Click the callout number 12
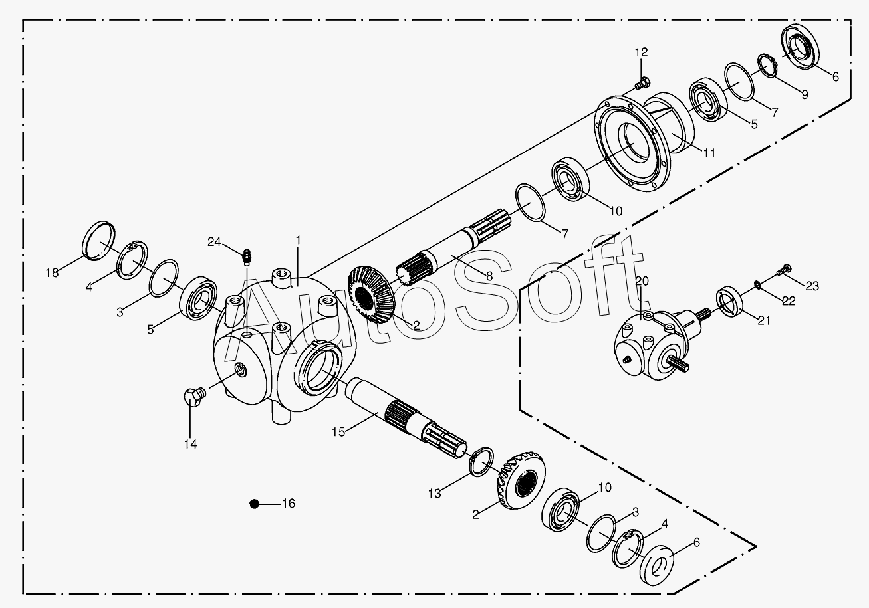point(641,52)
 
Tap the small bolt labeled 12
point(642,83)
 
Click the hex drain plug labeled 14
point(194,397)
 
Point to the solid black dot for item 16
point(254,504)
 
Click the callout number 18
point(52,273)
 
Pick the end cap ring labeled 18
point(99,241)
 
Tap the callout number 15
point(338,431)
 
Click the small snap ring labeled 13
point(481,461)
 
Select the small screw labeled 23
point(784,270)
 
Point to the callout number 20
point(642,281)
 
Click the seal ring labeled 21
point(729,301)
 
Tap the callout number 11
point(709,153)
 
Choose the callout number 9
point(805,94)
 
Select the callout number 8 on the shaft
point(489,276)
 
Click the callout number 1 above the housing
point(298,241)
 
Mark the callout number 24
point(214,242)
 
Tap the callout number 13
point(435,494)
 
